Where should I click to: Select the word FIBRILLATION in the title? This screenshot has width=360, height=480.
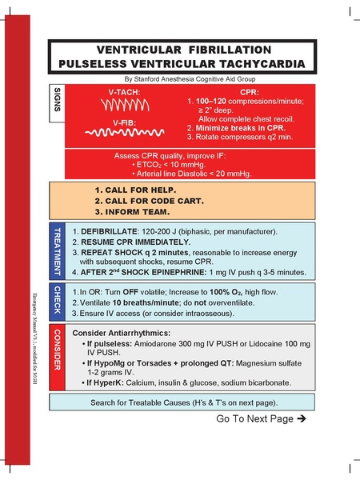tap(237, 48)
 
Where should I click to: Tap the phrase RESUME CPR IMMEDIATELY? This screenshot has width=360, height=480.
tap(134, 241)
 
